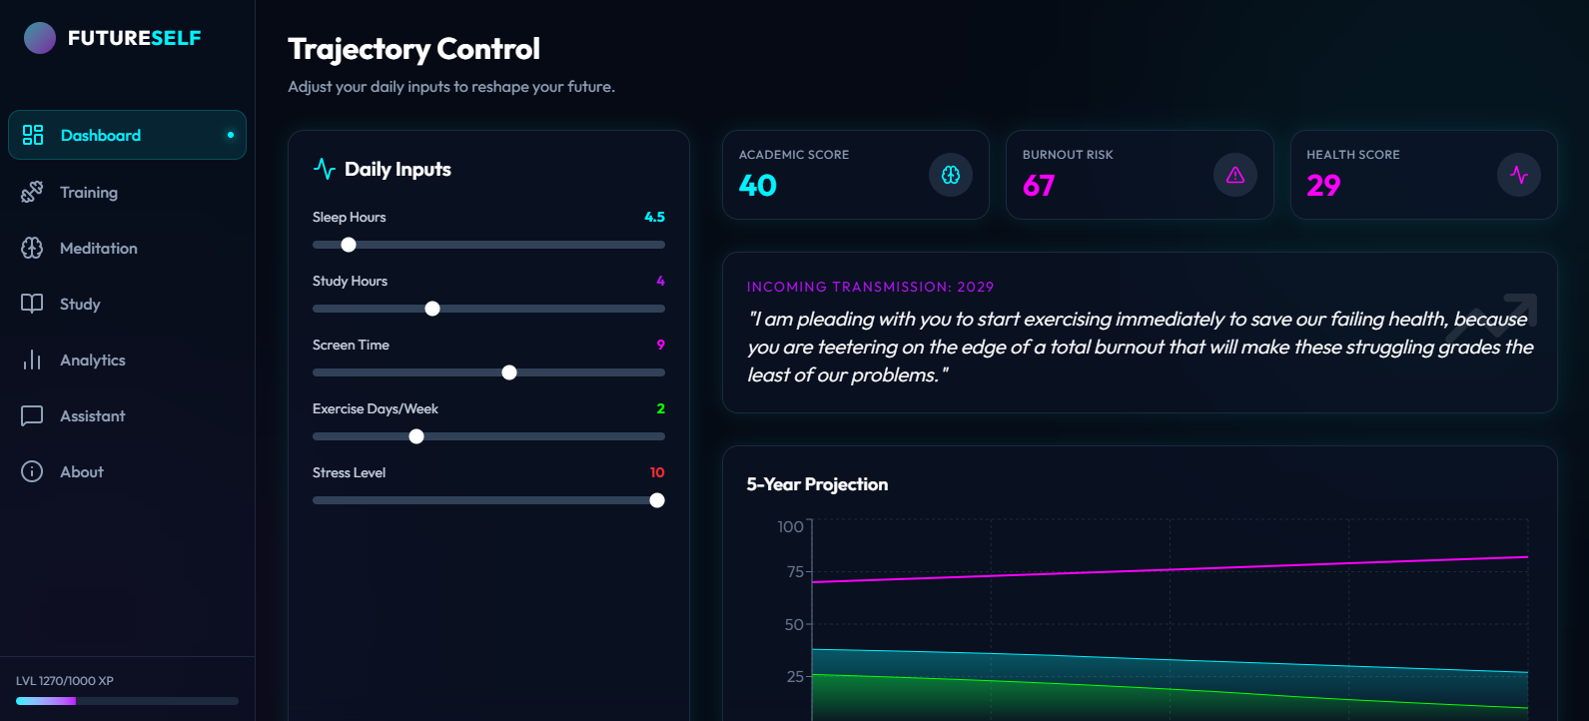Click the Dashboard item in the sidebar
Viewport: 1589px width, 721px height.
tap(101, 135)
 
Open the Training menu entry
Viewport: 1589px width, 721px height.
tap(88, 192)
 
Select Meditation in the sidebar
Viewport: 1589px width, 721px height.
tap(98, 248)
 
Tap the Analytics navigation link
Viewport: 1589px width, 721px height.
tap(92, 360)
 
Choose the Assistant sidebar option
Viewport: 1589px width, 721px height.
tap(92, 415)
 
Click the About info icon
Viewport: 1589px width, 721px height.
tap(32, 471)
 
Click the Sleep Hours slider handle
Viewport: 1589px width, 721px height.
tap(349, 245)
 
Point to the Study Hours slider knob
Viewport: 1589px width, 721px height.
tap(432, 309)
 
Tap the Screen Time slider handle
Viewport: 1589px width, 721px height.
tap(509, 372)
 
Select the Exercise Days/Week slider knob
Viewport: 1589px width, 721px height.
tap(416, 436)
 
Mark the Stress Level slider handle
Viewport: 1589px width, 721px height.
tap(657, 500)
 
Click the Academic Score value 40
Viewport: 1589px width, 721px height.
tap(758, 186)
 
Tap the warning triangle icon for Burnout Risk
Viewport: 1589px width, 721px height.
tap(1235, 175)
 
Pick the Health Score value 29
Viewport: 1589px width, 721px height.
tap(1323, 186)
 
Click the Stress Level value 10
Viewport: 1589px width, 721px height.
tap(657, 472)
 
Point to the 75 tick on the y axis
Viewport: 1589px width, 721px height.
tap(795, 571)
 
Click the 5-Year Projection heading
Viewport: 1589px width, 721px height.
tap(817, 484)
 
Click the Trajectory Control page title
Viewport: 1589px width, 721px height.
tap(413, 49)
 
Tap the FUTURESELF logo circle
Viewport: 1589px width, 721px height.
tap(40, 38)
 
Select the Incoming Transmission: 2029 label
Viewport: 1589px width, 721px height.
tap(870, 287)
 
